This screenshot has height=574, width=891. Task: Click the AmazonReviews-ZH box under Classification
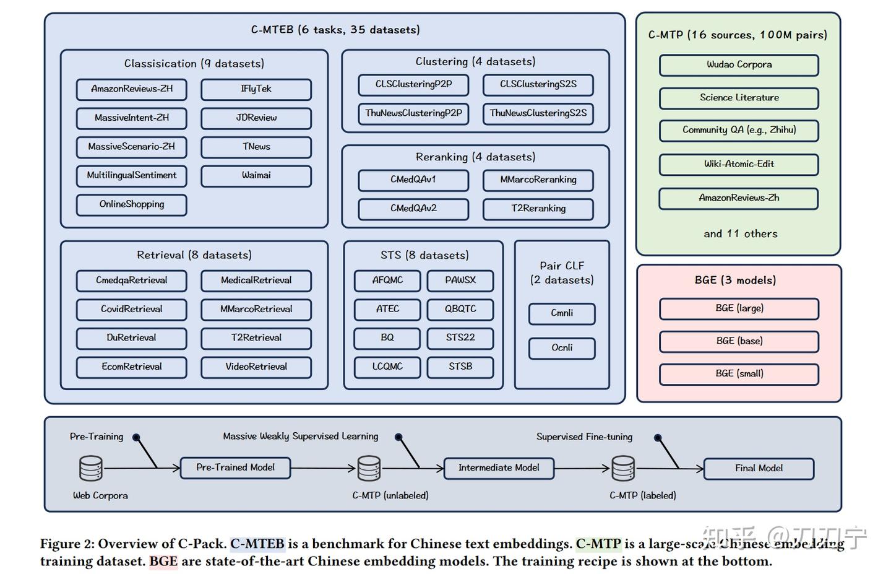[x=132, y=89]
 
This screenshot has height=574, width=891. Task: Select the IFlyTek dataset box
[x=256, y=89]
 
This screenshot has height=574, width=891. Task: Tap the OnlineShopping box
[x=132, y=204]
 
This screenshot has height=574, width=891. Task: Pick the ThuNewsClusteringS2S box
[x=538, y=114]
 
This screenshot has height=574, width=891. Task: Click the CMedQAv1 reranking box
[x=414, y=180]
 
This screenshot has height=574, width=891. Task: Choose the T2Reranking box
[x=538, y=209]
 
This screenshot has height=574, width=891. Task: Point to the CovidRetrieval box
[x=132, y=310]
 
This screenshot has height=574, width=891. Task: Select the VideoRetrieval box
[x=256, y=367]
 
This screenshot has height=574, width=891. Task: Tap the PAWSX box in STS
[x=460, y=280]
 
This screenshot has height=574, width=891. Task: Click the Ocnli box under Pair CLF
[x=562, y=348]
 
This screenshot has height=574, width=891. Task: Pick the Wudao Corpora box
[x=739, y=65]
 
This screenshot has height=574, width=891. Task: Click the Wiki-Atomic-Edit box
[x=739, y=165]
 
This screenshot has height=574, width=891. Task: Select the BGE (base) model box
[x=739, y=342]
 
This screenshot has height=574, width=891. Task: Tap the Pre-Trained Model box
[x=236, y=467]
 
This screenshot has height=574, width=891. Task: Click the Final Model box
[x=759, y=469]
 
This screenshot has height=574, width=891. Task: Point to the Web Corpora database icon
[x=91, y=469]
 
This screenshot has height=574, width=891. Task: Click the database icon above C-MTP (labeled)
[x=623, y=469]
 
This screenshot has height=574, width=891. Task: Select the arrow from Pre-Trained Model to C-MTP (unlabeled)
[x=323, y=468]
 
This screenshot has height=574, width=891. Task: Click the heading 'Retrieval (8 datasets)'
[x=194, y=254]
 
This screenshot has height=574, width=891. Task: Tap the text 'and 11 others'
[x=740, y=233]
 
